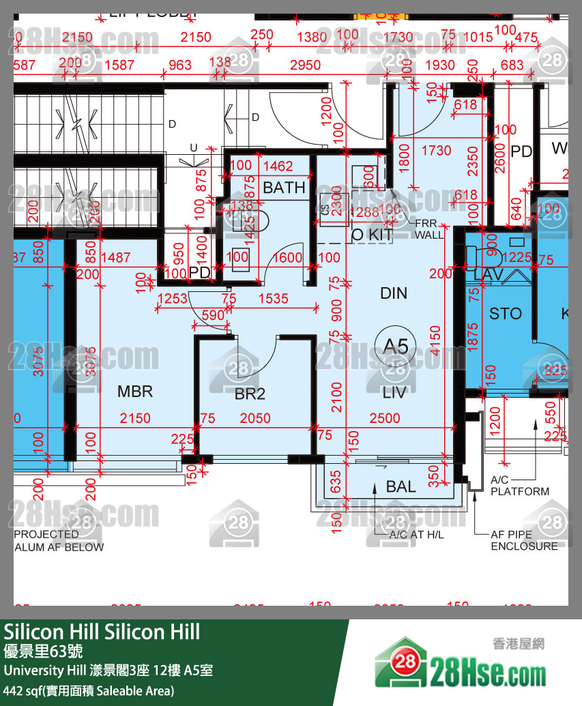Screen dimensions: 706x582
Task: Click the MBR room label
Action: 135,392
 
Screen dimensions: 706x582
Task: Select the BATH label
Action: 284,188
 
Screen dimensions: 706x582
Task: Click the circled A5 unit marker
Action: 396,346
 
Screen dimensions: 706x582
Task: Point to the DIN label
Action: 394,293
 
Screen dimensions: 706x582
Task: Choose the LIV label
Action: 395,392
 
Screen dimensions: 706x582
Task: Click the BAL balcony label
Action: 401,486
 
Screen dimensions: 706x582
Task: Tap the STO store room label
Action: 506,314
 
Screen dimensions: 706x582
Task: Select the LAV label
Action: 489,274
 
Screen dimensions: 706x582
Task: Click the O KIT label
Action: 372,235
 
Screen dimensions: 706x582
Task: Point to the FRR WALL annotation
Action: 428,229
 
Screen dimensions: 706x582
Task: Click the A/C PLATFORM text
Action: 519,486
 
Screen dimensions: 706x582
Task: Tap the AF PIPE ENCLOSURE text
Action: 524,541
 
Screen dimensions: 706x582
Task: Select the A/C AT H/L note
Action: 416,535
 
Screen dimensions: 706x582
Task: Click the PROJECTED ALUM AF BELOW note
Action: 59,540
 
